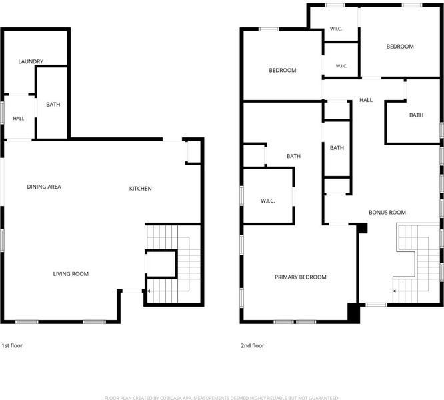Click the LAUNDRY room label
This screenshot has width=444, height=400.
coord(31,61)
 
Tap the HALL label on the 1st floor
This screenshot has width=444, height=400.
coord(19,119)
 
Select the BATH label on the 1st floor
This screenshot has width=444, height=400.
coord(53,105)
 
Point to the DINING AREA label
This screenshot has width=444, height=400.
coord(44,187)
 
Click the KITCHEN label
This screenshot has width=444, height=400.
coord(141,189)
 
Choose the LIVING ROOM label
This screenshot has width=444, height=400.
coord(71,274)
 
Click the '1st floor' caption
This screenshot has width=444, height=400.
coord(12,345)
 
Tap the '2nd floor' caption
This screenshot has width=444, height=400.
coord(252,345)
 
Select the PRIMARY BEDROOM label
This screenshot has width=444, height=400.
coord(301,277)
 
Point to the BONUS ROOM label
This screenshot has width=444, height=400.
coord(387,212)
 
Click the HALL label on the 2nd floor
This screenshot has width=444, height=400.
coord(366,100)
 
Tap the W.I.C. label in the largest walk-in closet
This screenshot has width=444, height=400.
coord(267,201)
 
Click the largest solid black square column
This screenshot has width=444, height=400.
coord(354,313)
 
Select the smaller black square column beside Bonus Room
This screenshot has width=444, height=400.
coord(363,228)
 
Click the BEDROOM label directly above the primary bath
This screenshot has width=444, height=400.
coord(283,70)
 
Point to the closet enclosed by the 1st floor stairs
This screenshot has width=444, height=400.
coord(161,264)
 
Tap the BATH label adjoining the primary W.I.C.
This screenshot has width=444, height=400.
coord(293,156)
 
